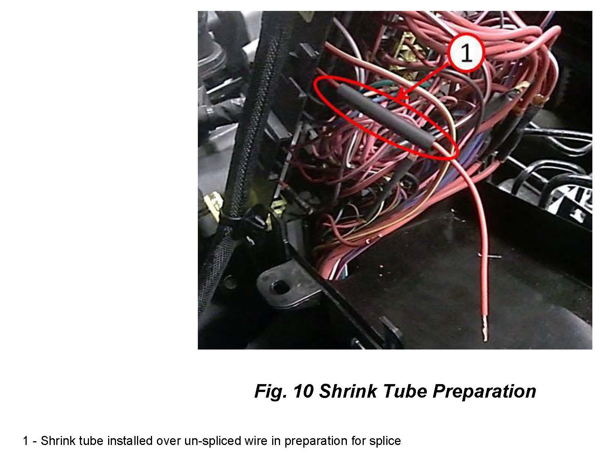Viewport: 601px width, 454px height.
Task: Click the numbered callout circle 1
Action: [x=466, y=52]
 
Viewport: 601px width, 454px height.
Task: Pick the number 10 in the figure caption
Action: [x=303, y=391]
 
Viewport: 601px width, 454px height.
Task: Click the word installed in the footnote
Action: [x=130, y=441]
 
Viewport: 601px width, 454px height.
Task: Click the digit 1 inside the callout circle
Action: [x=466, y=53]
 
